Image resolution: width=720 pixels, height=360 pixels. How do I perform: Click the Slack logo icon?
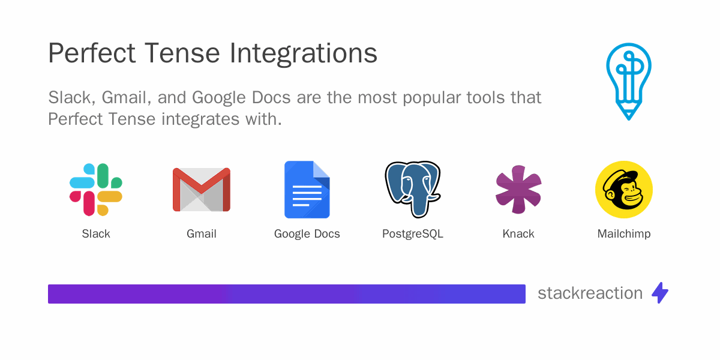tap(96, 190)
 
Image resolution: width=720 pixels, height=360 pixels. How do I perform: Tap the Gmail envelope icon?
tap(202, 190)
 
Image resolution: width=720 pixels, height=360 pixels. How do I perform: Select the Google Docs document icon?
tap(307, 190)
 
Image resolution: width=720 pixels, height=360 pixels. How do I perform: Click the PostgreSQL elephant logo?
tap(413, 189)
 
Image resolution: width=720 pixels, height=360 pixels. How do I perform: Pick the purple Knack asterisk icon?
tap(518, 190)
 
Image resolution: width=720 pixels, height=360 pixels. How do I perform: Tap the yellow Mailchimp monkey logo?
tap(624, 190)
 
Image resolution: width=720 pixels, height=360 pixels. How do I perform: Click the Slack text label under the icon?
tap(96, 234)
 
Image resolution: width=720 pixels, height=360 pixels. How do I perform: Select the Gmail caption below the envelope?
tap(202, 234)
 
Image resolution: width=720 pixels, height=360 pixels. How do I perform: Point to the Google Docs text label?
tap(307, 234)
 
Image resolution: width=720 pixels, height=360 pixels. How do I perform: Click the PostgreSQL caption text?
tap(413, 234)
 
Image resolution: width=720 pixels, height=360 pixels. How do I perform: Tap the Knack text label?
tap(518, 234)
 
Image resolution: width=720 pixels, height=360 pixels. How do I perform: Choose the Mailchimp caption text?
tap(624, 234)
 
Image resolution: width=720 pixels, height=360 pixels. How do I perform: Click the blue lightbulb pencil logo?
tap(628, 81)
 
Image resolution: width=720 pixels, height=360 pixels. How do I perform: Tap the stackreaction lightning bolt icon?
tap(660, 293)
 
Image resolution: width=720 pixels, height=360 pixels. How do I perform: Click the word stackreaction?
tap(590, 293)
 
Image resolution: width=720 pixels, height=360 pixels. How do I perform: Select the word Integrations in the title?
tap(304, 54)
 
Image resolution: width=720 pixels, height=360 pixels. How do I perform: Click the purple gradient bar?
tap(287, 294)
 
